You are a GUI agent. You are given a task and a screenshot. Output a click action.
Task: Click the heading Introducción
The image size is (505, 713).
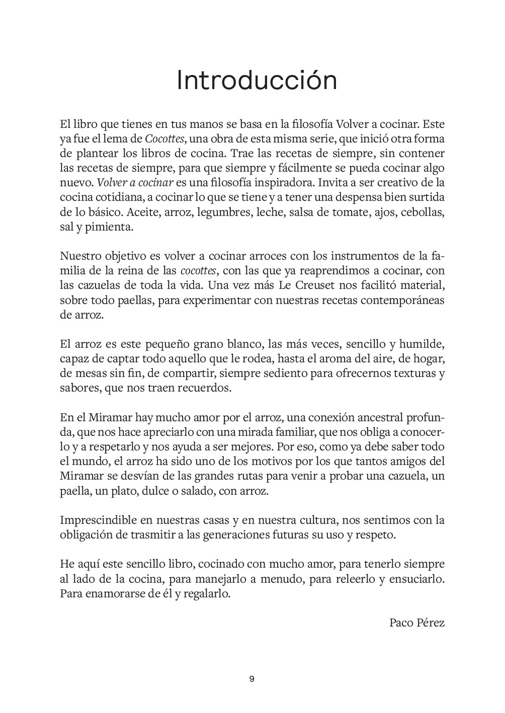coord(257,81)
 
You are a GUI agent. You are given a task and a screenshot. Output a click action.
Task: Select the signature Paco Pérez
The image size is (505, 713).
coord(417,622)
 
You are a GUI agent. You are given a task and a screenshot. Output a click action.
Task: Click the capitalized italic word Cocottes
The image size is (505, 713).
coord(162,138)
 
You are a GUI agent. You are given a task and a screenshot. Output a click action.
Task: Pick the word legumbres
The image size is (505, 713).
coord(222,212)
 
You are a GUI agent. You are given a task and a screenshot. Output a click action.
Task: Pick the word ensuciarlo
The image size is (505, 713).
coord(418,579)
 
